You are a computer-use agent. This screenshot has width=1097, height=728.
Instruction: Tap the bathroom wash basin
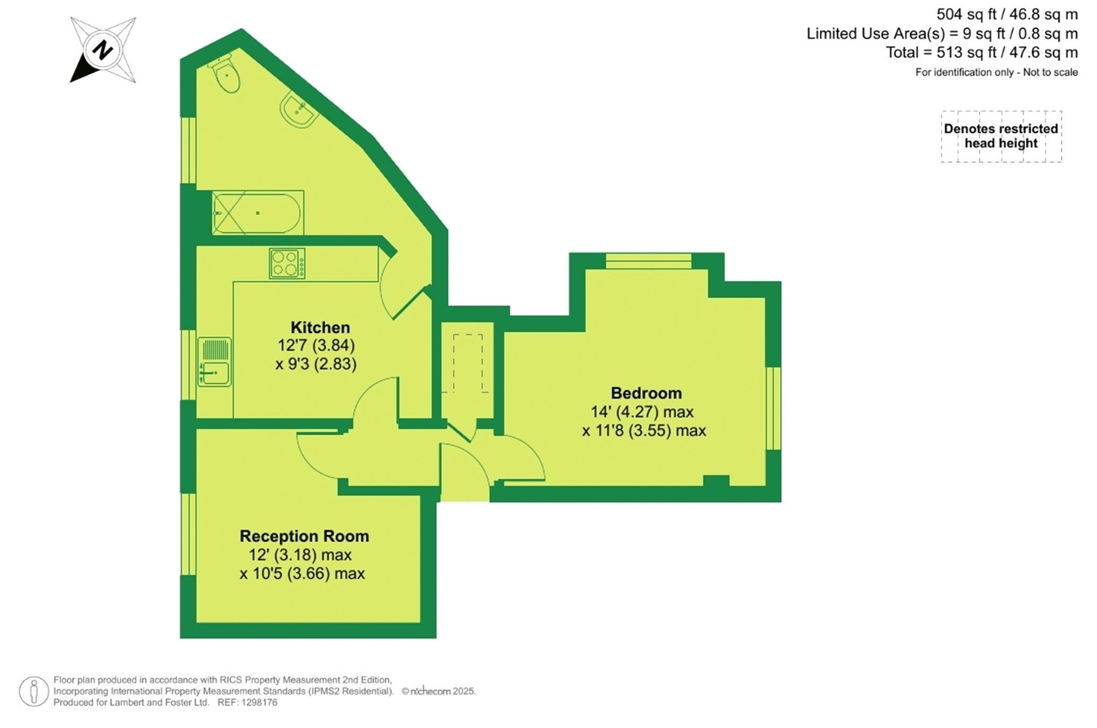pyautogui.click(x=299, y=110)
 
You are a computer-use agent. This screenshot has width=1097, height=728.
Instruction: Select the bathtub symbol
pyautogui.click(x=258, y=213)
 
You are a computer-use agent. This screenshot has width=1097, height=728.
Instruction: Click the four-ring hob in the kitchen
pyautogui.click(x=287, y=263)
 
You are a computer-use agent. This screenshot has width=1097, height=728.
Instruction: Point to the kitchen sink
pyautogui.click(x=214, y=362)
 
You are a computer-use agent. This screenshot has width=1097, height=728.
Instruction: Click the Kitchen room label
pyautogui.click(x=320, y=327)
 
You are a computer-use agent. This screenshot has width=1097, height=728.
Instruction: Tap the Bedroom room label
pyautogui.click(x=646, y=393)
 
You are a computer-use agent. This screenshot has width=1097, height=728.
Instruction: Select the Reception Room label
pyautogui.click(x=304, y=536)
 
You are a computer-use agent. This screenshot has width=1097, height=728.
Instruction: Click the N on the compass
pyautogui.click(x=102, y=50)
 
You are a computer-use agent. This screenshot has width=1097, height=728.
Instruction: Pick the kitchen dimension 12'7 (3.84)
pyautogui.click(x=316, y=345)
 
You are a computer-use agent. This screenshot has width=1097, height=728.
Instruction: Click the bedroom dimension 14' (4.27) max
pyautogui.click(x=642, y=412)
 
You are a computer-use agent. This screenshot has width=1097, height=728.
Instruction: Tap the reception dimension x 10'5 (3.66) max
pyautogui.click(x=302, y=574)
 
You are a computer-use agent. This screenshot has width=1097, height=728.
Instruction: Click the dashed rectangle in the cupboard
pyautogui.click(x=468, y=363)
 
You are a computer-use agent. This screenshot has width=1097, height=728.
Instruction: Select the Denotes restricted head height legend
pyautogui.click(x=1001, y=136)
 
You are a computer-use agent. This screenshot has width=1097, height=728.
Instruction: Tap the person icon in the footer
pyautogui.click(x=34, y=691)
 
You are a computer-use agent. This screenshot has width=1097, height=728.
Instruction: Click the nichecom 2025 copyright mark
pyautogui.click(x=438, y=691)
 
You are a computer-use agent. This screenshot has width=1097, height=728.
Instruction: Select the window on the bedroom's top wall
pyautogui.click(x=649, y=261)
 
